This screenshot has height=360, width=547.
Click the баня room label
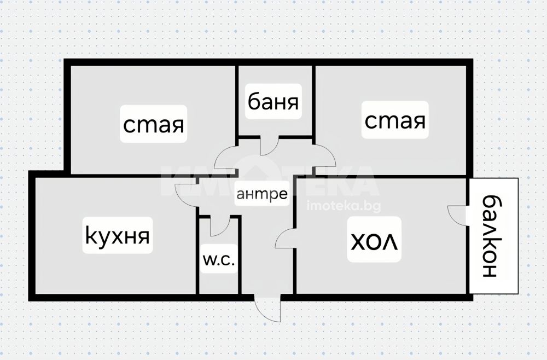[x=273, y=102]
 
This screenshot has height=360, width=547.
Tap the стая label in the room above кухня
[x=153, y=125]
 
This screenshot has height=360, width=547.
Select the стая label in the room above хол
[x=394, y=120]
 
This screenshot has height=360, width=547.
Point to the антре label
[x=261, y=193]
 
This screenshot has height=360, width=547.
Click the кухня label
[x=118, y=236]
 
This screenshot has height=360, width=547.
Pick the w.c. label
[x=218, y=260]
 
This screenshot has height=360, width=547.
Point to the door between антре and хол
[x=285, y=239]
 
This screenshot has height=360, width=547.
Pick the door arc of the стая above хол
[x=324, y=156]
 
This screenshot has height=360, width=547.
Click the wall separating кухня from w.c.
[x=197, y=257]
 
